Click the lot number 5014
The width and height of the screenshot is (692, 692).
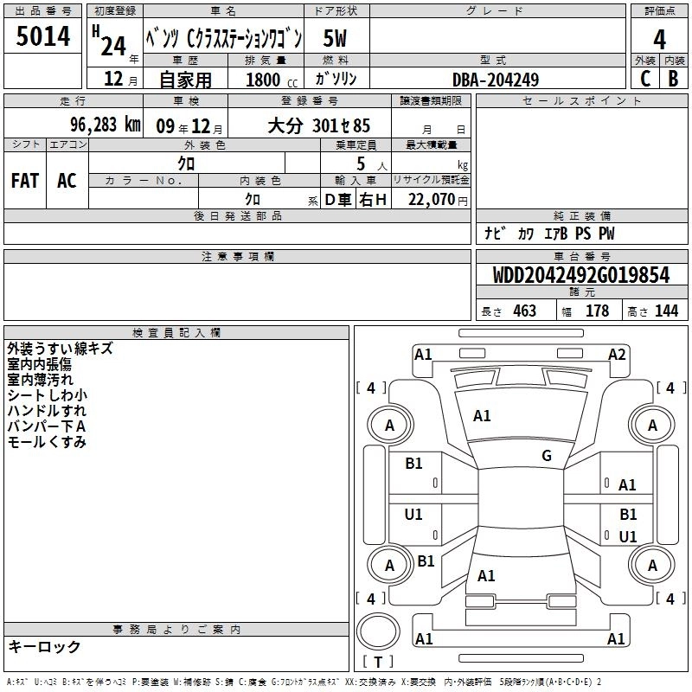click(x=42, y=36)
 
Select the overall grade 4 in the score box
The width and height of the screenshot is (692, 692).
click(x=659, y=40)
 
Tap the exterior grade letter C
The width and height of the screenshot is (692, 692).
click(x=645, y=79)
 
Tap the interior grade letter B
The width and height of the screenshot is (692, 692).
click(x=673, y=79)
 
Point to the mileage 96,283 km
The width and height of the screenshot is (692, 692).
click(x=106, y=125)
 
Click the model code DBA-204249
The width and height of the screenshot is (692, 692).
click(x=496, y=80)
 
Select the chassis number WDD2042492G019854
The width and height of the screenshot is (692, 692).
click(x=581, y=275)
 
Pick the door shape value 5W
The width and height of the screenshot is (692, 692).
click(x=335, y=38)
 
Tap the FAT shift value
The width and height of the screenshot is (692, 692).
click(x=25, y=181)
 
